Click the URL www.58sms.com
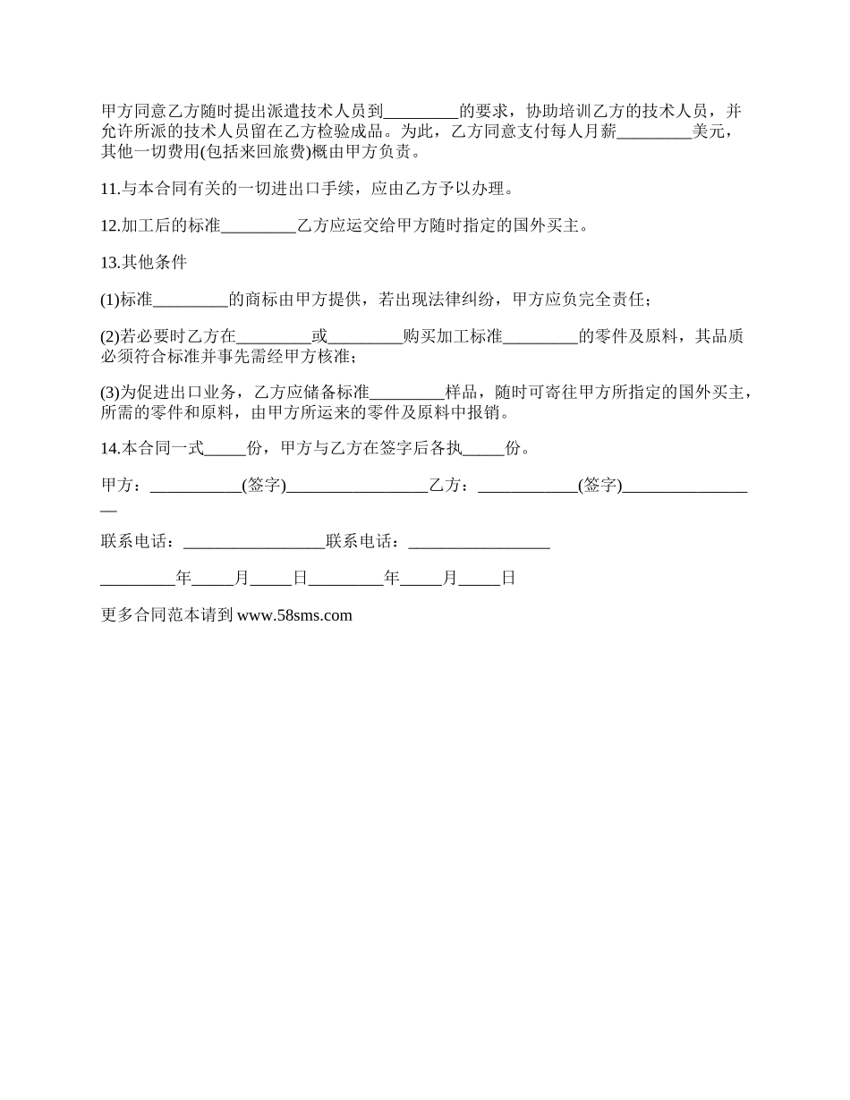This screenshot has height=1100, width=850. (294, 615)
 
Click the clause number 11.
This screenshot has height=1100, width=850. (108, 189)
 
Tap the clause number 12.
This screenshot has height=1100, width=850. (108, 225)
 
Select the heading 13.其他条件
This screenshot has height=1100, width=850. (143, 262)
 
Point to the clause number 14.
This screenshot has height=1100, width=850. (108, 448)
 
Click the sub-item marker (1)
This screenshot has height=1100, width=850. (109, 300)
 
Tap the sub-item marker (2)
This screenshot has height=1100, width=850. (109, 337)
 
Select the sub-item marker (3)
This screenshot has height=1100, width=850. (109, 392)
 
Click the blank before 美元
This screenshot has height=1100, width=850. (655, 133)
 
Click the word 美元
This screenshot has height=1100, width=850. (708, 133)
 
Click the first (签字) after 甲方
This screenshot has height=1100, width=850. (264, 486)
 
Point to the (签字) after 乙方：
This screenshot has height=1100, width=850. (599, 486)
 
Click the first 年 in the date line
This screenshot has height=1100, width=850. (183, 579)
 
